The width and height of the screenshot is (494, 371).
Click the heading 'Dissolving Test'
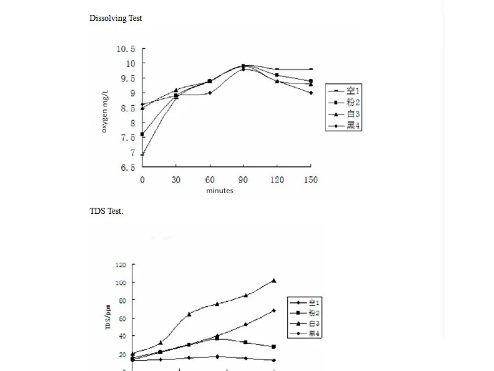pos(115,18)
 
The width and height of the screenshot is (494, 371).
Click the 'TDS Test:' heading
pos(106,211)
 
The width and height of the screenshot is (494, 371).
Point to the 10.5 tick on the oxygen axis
pos(127,49)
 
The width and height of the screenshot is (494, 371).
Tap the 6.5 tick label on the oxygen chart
pos(128,168)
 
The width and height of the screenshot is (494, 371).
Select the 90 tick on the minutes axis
pos(243,180)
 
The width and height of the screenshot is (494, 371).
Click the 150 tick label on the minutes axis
pos(311,180)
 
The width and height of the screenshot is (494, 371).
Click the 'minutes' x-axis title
pos(220,190)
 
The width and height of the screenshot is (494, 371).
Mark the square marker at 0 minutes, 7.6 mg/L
pos(143,134)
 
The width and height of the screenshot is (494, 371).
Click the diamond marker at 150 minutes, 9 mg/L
pos(311,93)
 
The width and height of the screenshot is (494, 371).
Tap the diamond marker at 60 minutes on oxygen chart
pos(210,93)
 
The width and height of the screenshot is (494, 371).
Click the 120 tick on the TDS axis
pos(120,265)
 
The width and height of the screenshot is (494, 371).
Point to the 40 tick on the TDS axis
pos(122,336)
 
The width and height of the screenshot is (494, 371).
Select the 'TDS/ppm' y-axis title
pos(108,313)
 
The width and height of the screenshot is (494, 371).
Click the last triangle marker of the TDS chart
pos(274,281)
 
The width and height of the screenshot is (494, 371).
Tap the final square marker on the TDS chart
pos(274,347)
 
